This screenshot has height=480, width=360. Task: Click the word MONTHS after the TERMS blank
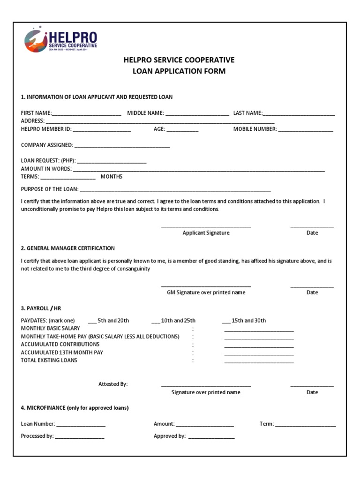pyautogui.click(x=112, y=177)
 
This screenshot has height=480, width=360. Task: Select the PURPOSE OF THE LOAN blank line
pyautogui.click(x=175, y=191)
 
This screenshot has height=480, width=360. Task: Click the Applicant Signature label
pyautogui.click(x=206, y=233)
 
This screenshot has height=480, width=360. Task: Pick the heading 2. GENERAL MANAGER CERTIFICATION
pyautogui.click(x=68, y=248)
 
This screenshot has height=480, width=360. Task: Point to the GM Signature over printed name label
pyautogui.click(x=206, y=292)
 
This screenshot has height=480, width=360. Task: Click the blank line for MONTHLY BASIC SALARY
pyautogui.click(x=259, y=330)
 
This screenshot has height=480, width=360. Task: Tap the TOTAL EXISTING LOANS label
pyautogui.click(x=49, y=360)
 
